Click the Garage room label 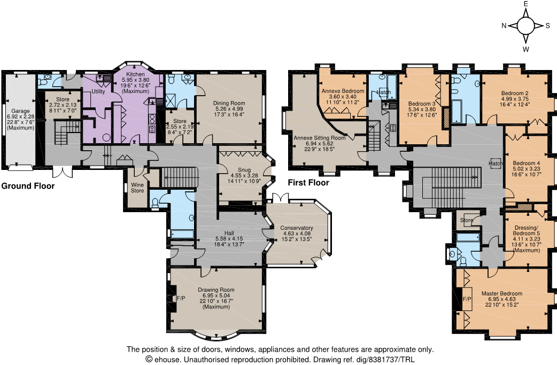pos(21,111)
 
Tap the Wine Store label pos(137,188)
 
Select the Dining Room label pos(229,103)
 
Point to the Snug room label pos(244,170)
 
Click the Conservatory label pos(297,228)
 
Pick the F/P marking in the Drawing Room pos(181,298)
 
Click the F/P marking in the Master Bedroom pos(467,299)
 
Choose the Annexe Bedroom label pos(343,91)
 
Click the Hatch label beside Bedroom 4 pos(496,164)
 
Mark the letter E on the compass pos(526,4)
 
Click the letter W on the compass pos(526,49)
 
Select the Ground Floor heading pos(28,186)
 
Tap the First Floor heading pos(308,183)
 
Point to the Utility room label pos(98,91)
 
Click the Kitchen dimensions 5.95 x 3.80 pos(136,80)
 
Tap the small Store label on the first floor pos(467,220)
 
